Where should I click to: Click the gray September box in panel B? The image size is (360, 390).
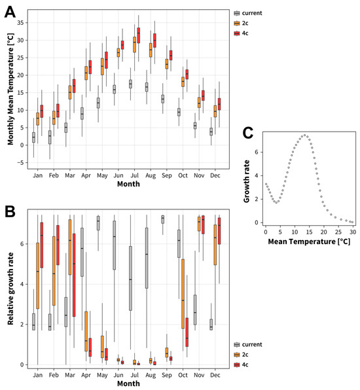pyautogui.click(x=162, y=219)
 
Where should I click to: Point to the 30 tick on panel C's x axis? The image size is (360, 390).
pyautogui.click(x=352, y=232)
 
